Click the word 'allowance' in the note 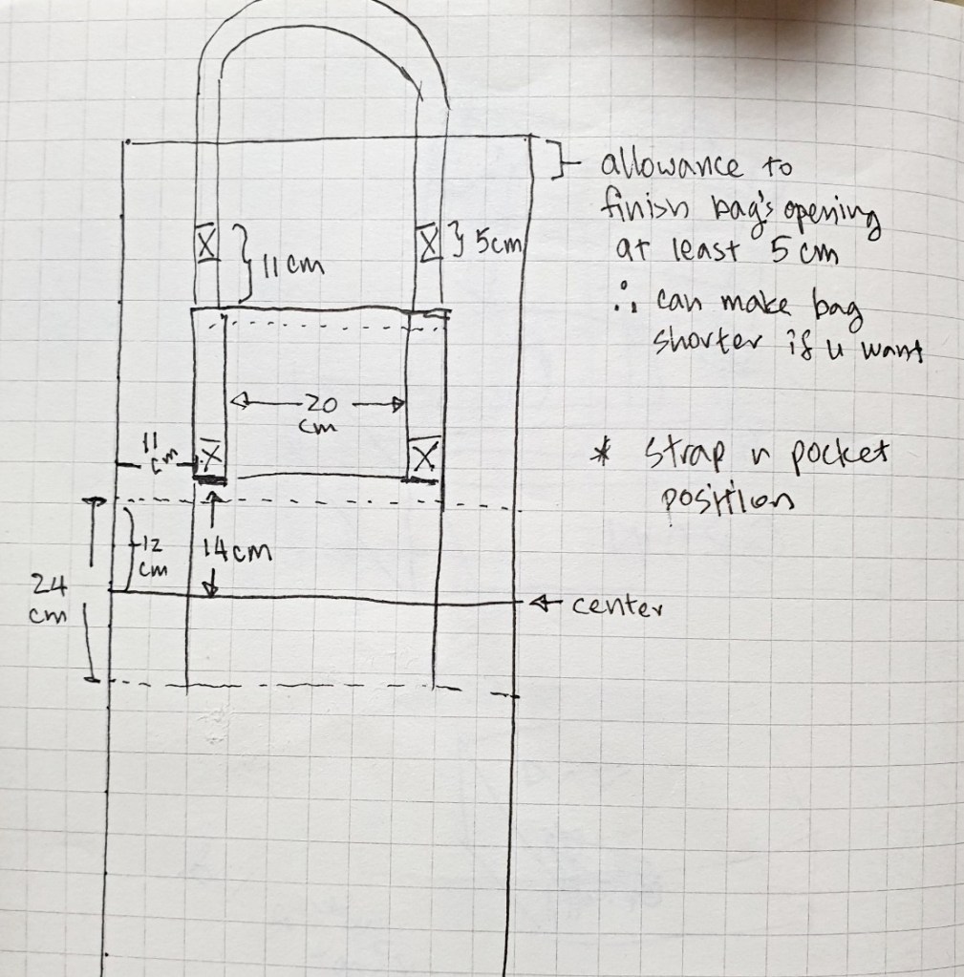[x=671, y=165]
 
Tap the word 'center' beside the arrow [x=617, y=605]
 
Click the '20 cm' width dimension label [x=319, y=414]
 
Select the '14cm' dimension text [x=237, y=550]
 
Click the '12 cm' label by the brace [x=151, y=557]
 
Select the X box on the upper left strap [x=207, y=244]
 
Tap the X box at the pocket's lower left [x=211, y=458]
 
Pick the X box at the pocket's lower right [x=424, y=457]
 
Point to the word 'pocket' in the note [x=840, y=457]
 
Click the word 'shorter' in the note [x=707, y=342]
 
